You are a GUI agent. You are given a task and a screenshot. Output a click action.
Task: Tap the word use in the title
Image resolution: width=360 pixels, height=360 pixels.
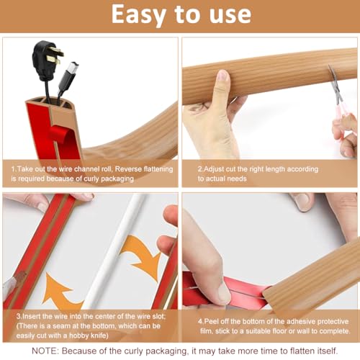click(230, 15)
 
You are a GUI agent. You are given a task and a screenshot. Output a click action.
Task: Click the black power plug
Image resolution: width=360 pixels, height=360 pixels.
click(47, 59)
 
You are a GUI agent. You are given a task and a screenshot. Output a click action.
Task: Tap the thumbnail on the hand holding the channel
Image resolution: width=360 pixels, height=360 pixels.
click(223, 76)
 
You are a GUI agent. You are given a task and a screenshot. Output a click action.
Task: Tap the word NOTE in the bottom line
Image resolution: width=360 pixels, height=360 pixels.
click(45, 351)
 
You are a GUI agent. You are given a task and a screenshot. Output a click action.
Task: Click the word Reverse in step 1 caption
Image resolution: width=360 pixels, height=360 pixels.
click(128, 169)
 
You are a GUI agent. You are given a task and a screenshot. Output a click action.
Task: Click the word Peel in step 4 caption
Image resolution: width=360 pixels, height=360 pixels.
click(212, 321)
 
